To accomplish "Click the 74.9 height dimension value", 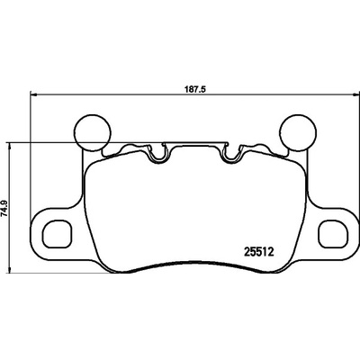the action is click(x=4, y=208).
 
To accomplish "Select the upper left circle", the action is click(x=93, y=132).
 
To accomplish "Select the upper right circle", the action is click(x=298, y=132).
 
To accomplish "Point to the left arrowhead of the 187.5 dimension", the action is click(x=33, y=94).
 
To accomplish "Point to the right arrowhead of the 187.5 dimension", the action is click(x=355, y=94).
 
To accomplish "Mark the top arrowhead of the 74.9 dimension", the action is click(x=11, y=145).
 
